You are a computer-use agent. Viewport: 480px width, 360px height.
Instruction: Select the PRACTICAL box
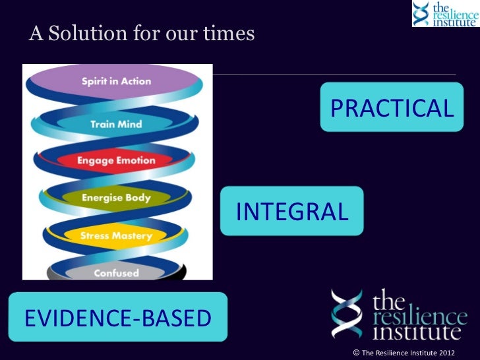click(392, 107)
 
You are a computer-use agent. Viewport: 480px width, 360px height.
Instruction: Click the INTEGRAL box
click(291, 212)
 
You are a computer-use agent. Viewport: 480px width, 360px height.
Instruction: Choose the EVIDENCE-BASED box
click(117, 318)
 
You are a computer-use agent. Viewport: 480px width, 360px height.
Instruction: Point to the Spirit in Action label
click(116, 82)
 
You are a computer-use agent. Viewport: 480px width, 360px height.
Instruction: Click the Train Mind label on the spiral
click(116, 124)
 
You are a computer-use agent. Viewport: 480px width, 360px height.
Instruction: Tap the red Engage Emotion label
click(116, 160)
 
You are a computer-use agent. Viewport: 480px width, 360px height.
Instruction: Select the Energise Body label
click(116, 198)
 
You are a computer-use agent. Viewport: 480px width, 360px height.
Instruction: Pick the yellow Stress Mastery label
click(116, 235)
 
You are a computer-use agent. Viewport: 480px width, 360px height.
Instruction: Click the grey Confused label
click(116, 272)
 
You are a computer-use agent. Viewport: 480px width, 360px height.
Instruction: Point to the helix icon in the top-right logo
click(422, 13)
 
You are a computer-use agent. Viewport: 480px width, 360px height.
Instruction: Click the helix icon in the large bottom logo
click(348, 313)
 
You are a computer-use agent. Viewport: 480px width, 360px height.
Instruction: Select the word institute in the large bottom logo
click(416, 330)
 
